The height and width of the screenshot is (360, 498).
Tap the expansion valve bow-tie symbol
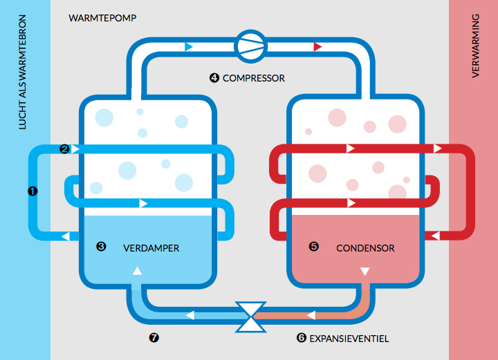[x=250, y=316]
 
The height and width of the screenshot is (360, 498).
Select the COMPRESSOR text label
[x=253, y=78]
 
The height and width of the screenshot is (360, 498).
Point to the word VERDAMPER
[x=151, y=247]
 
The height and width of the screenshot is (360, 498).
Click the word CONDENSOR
[x=365, y=247]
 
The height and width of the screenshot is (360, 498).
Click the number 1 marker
[x=32, y=191]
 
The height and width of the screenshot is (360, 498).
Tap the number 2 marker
[x=64, y=149]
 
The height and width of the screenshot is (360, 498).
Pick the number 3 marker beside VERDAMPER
[x=101, y=246]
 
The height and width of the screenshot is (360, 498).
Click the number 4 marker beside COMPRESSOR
[x=214, y=78]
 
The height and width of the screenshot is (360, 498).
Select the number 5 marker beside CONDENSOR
[x=313, y=246]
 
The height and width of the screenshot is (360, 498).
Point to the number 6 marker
[x=301, y=338]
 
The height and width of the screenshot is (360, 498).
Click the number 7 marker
[x=154, y=338]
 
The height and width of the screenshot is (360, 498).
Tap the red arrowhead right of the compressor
[x=317, y=46]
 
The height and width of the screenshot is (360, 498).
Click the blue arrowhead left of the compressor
[x=190, y=46]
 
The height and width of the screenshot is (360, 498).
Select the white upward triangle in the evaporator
[x=137, y=271]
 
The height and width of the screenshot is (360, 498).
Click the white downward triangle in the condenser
[x=365, y=271]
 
